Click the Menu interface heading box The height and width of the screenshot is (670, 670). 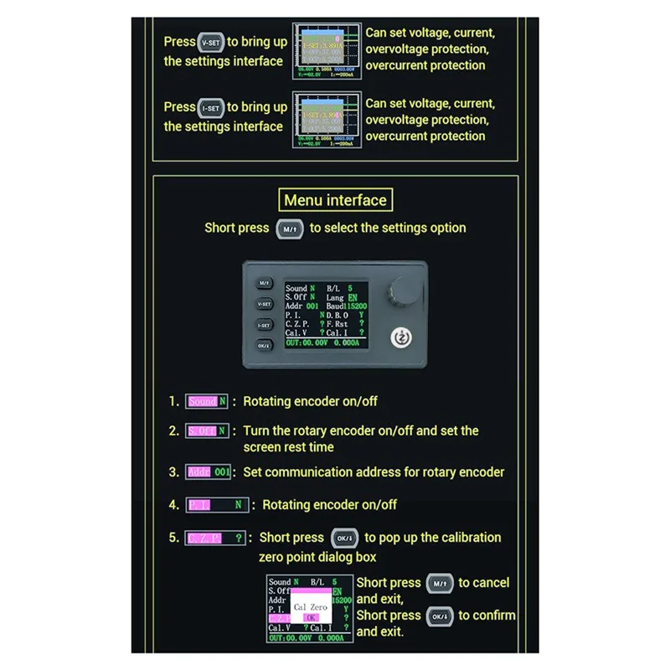(335, 200)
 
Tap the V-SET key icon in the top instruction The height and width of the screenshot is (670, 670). (209, 42)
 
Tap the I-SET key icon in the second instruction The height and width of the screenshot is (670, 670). (210, 108)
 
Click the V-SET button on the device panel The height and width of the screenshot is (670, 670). (264, 304)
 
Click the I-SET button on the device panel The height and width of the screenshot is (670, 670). (264, 324)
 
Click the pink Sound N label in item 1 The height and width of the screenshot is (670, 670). (207, 401)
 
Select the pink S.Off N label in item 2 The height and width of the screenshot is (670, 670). (207, 431)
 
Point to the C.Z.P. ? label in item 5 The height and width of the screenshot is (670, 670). (215, 538)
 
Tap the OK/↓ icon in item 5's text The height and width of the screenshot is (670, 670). (344, 538)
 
